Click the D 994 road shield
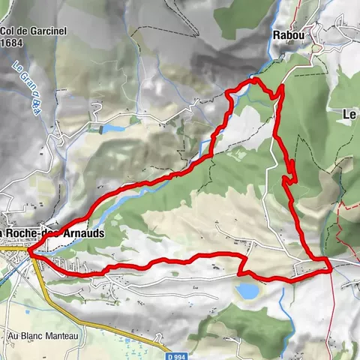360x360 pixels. [x=175, y=355]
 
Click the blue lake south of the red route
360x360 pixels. [x=247, y=290]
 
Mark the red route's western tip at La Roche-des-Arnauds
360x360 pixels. [x=31, y=253]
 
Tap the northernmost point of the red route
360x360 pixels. [x=255, y=79]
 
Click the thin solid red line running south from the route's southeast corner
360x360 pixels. [x=330, y=315]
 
